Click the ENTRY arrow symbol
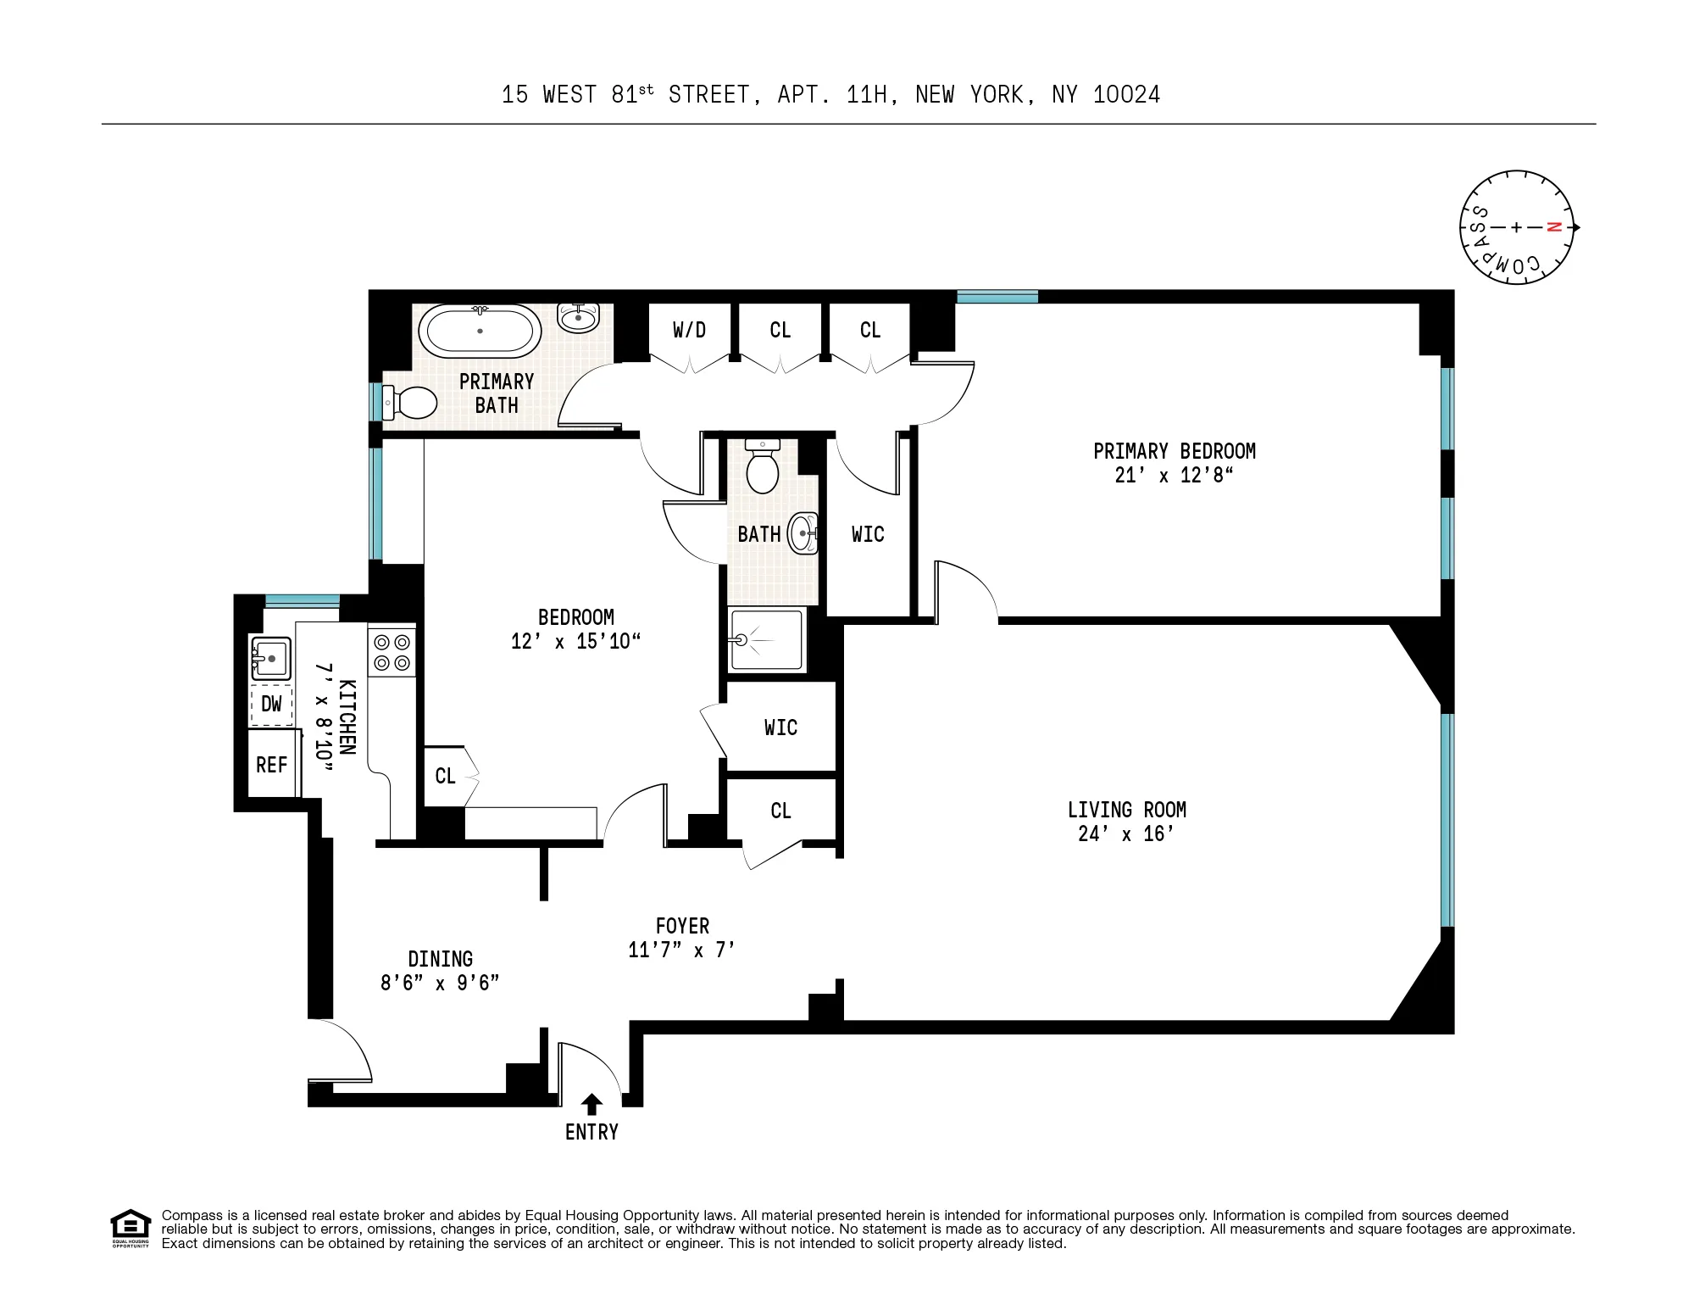pyautogui.click(x=592, y=1104)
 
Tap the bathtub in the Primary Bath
pyautogui.click(x=480, y=332)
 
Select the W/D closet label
pyautogui.click(x=689, y=330)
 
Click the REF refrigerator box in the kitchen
pyautogui.click(x=272, y=765)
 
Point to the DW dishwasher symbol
pyautogui.click(x=271, y=704)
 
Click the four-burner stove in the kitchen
pyautogui.click(x=392, y=652)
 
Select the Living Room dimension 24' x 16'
pyautogui.click(x=1126, y=833)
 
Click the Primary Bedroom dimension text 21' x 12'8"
pyautogui.click(x=1174, y=475)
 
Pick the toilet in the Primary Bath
pyautogui.click(x=410, y=402)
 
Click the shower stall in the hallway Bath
pyautogui.click(x=766, y=639)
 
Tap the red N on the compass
pyautogui.click(x=1553, y=227)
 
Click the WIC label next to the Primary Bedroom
pyautogui.click(x=868, y=534)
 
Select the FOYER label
pyautogui.click(x=682, y=926)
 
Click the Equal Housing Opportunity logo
pyautogui.click(x=131, y=1229)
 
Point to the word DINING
pyautogui.click(x=440, y=959)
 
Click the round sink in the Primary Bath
pyautogui.click(x=579, y=318)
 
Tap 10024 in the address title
pyautogui.click(x=1126, y=94)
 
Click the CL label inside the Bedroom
pyautogui.click(x=445, y=776)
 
